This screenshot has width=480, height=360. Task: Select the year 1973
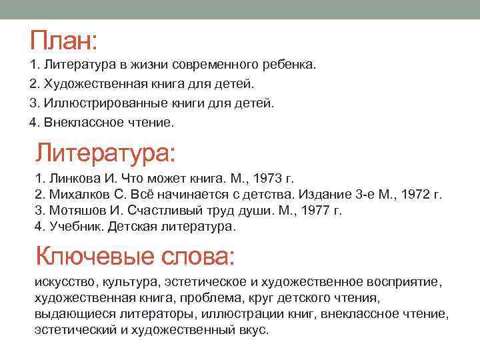(262, 179)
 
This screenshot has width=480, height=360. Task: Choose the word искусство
(63, 282)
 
